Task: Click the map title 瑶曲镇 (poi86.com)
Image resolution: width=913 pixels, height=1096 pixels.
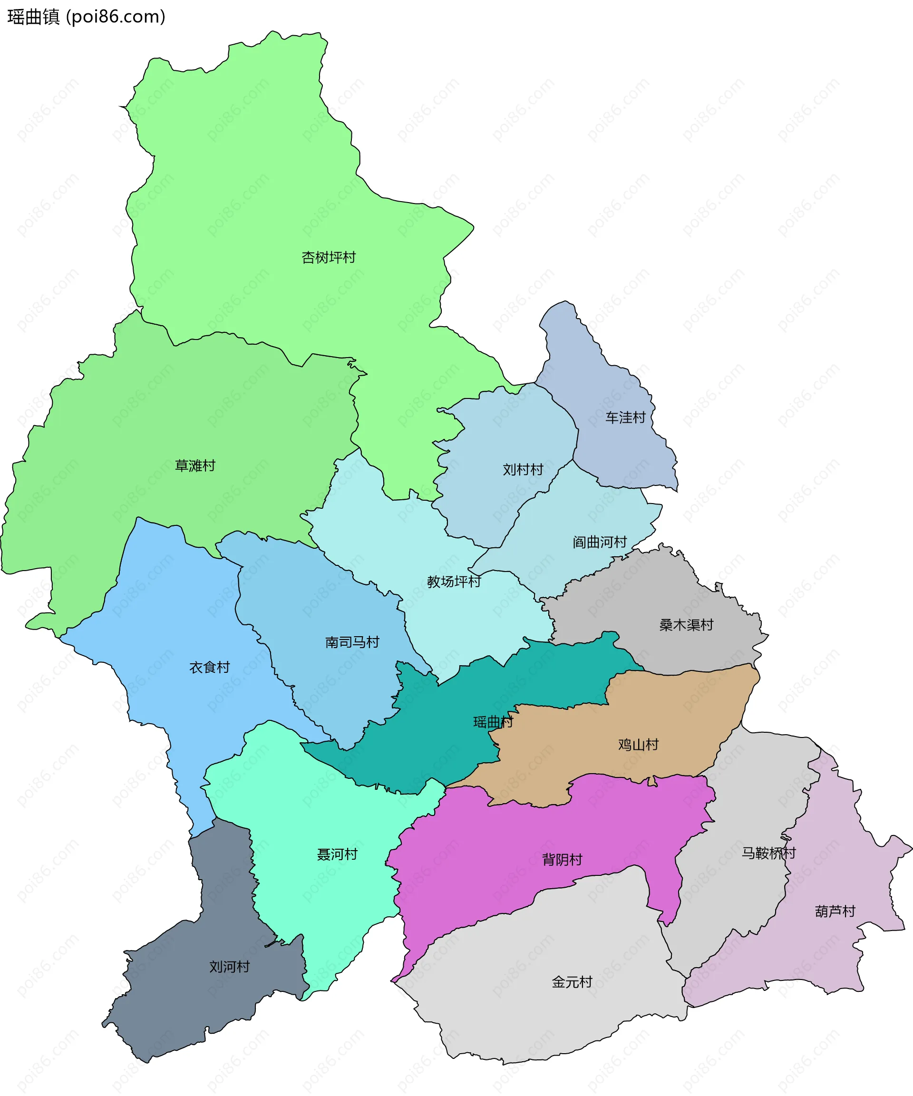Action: [87, 17]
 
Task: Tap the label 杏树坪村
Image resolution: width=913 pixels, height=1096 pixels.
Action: [328, 257]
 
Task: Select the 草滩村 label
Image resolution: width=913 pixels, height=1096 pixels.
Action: [194, 466]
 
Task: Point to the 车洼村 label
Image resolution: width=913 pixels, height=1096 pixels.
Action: [625, 417]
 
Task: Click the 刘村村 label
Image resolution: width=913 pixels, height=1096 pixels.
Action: [523, 470]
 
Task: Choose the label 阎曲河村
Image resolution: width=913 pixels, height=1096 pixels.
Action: [599, 542]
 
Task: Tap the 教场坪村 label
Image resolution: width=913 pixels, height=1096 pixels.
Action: [454, 582]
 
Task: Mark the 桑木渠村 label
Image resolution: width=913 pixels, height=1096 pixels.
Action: [686, 625]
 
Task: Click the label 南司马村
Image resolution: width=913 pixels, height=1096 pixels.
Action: [352, 642]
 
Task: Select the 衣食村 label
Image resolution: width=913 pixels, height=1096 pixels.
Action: [209, 668]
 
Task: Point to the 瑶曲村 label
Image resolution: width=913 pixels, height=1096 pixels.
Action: [493, 722]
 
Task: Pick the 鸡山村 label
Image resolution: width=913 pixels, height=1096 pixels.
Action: [638, 745]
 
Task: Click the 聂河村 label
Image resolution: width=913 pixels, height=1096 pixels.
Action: [337, 854]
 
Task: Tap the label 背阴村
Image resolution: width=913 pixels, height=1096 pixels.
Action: [562, 860]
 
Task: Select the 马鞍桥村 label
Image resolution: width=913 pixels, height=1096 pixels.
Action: [768, 854]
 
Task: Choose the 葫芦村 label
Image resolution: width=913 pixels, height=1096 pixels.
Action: [835, 911]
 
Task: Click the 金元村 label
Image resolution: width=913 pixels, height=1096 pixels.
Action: [572, 982]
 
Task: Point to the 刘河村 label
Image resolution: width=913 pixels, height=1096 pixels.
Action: [229, 967]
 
